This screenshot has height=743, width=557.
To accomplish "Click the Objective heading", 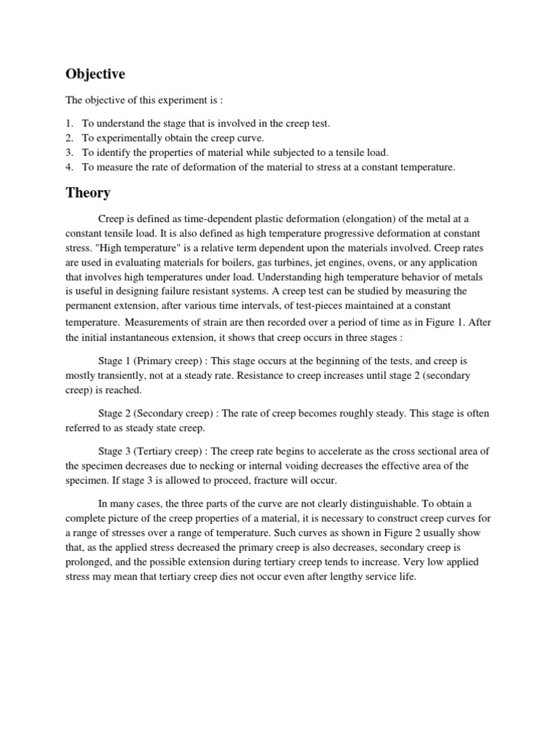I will pos(96,74).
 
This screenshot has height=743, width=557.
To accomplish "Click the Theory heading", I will pos(88,193).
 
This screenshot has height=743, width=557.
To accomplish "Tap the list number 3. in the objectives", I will pos(70,152).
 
